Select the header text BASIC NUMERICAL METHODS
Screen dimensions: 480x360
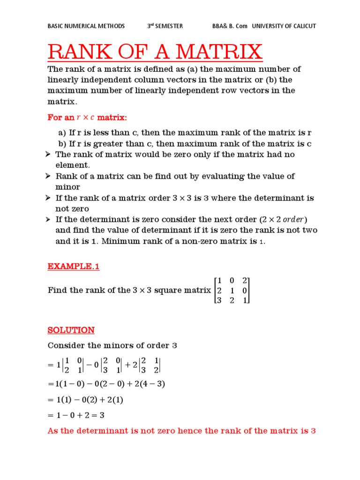tap(86, 26)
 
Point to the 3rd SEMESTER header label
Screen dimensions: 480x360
tap(165, 26)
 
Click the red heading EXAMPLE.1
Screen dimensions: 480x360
tap(74, 267)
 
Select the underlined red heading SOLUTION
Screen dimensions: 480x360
tap(71, 330)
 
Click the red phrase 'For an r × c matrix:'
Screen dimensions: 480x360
tap(88, 117)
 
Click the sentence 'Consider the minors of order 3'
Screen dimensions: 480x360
tap(112, 346)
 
